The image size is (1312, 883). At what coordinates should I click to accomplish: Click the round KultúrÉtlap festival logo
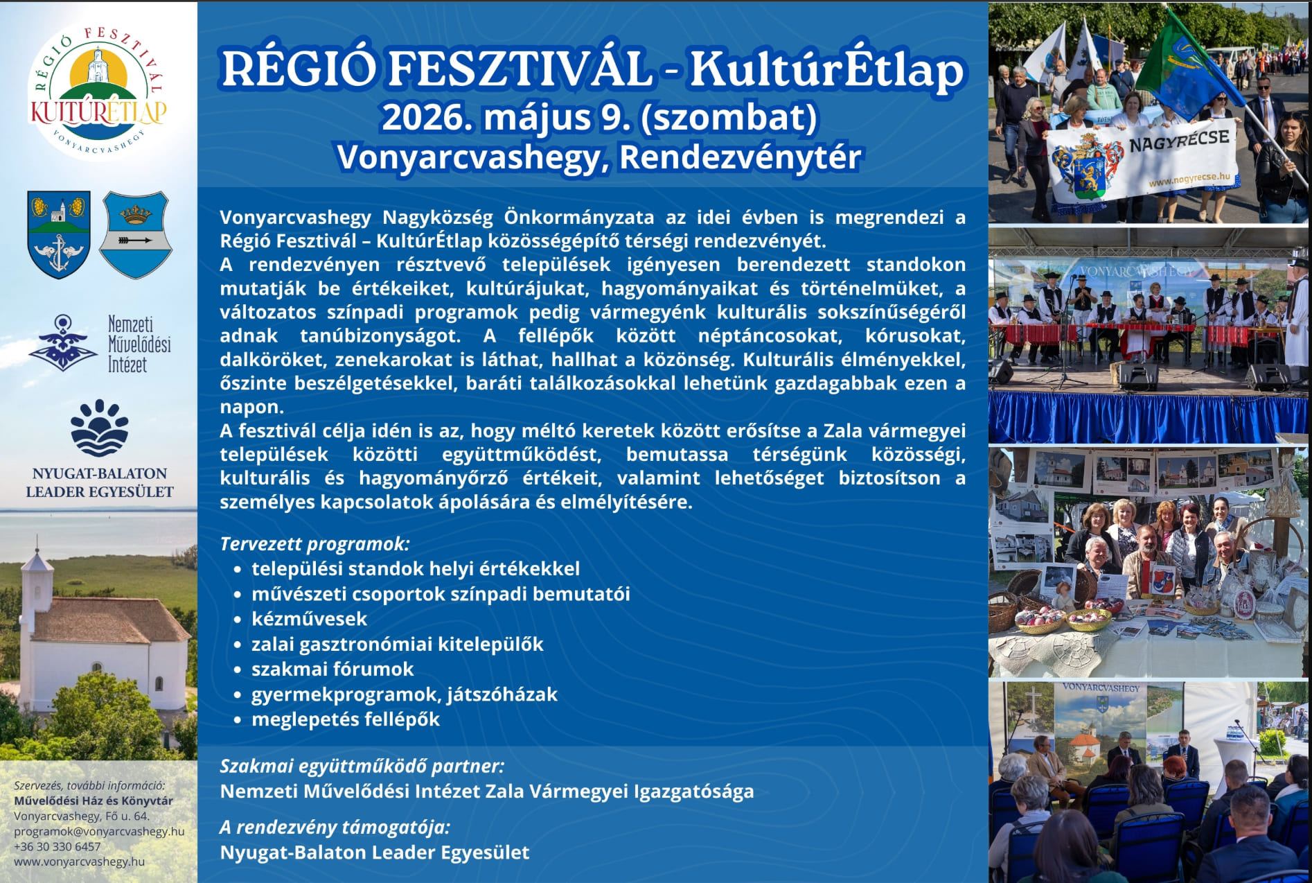[98, 91]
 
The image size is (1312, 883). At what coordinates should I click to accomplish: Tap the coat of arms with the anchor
[59, 234]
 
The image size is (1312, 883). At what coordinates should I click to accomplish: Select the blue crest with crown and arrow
[136, 235]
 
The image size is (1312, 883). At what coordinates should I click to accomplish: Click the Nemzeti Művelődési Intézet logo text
[139, 344]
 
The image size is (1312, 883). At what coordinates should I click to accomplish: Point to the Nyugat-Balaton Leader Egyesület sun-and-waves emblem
[100, 428]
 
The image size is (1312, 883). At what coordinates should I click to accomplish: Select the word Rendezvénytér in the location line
[740, 157]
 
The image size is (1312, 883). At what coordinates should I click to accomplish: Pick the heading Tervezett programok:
[314, 544]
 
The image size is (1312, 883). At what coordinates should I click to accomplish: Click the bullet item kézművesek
[309, 619]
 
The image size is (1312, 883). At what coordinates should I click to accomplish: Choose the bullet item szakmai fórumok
[333, 669]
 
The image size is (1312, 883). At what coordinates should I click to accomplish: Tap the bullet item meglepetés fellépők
[346, 719]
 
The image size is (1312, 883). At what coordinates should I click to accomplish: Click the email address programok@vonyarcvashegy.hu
[99, 831]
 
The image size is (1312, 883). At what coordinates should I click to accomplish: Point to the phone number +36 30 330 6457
[57, 846]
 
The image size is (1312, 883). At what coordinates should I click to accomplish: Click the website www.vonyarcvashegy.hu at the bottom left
[80, 862]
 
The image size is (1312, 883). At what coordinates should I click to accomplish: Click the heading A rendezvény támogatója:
[335, 828]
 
